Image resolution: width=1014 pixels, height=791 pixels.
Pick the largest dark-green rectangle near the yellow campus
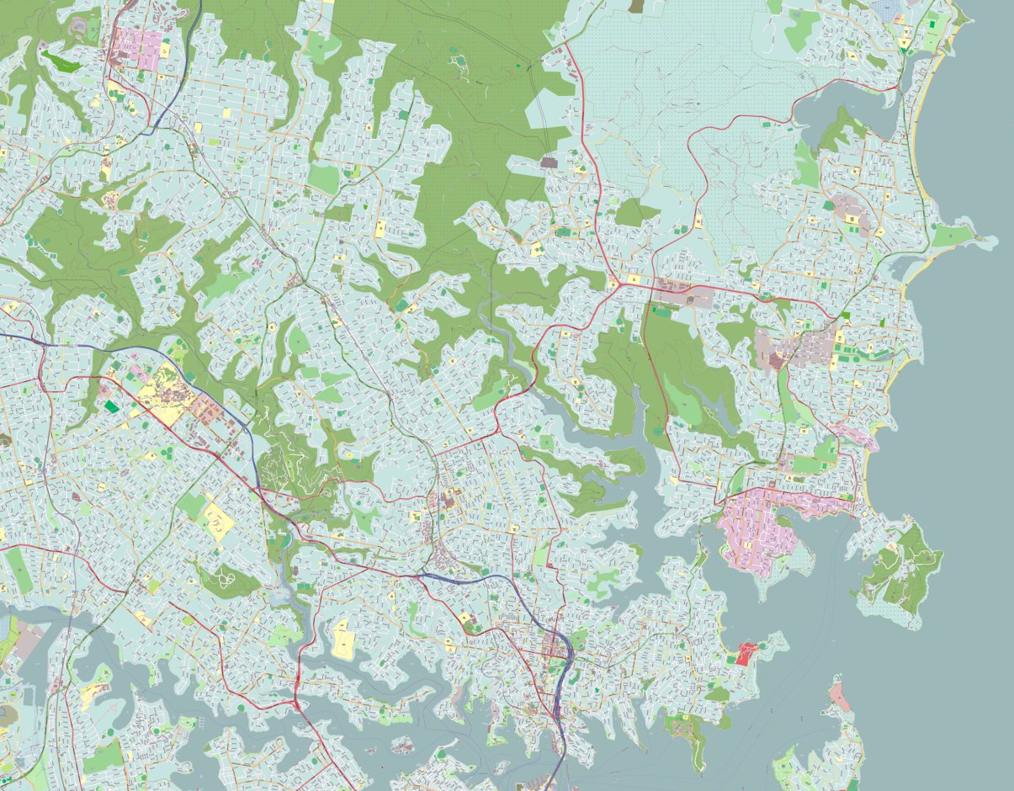(x=111, y=406)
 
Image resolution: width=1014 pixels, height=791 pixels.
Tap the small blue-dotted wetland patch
(x=889, y=8)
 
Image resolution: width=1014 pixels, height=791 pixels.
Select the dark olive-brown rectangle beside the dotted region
(x=636, y=5)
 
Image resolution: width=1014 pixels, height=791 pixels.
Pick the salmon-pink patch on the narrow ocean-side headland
(x=839, y=695)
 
